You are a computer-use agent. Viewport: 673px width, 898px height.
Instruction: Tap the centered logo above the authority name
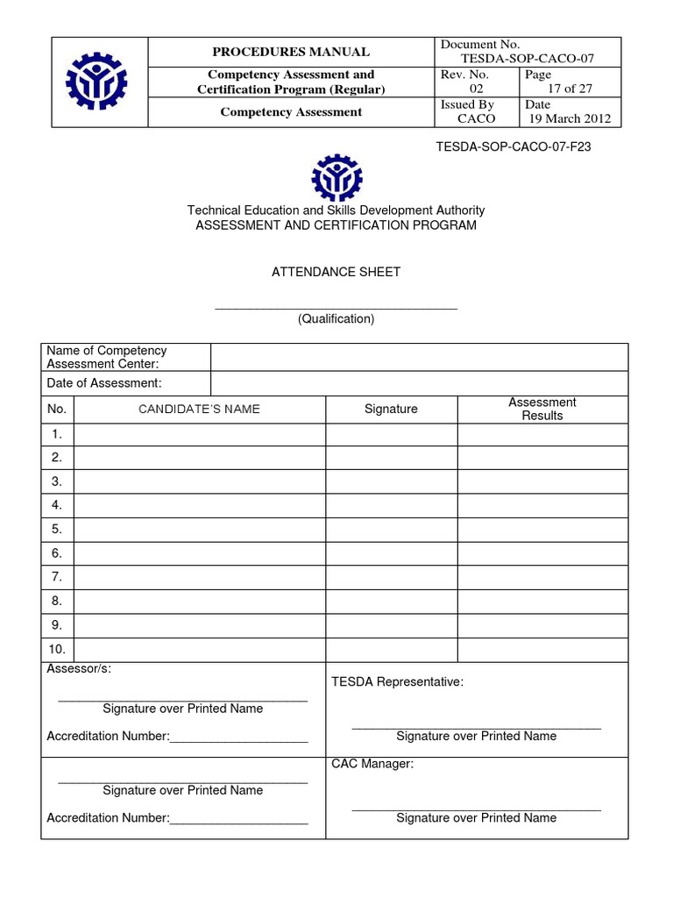[336, 177]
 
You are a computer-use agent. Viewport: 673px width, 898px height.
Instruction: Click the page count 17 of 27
[570, 89]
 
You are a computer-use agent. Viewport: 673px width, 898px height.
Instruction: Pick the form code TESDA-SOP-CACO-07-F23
[514, 146]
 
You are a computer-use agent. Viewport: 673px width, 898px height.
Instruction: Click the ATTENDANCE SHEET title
[336, 272]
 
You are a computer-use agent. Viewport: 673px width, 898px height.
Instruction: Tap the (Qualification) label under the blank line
[336, 319]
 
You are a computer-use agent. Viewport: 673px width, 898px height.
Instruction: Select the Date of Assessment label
[104, 383]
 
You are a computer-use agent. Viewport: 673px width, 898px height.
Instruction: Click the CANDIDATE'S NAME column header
[200, 409]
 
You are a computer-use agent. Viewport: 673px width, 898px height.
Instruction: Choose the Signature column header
[391, 409]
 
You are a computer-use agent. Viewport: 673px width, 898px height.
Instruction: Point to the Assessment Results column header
[542, 409]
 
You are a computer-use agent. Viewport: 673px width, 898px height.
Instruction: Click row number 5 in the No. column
[57, 529]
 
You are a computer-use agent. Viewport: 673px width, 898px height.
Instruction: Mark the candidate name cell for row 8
[200, 601]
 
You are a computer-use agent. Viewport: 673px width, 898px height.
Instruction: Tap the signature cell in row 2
[391, 457]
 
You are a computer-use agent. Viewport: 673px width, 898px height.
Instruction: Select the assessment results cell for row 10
[542, 649]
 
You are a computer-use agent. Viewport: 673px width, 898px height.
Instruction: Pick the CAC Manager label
[372, 764]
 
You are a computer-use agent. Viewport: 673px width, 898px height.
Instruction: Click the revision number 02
[477, 89]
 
